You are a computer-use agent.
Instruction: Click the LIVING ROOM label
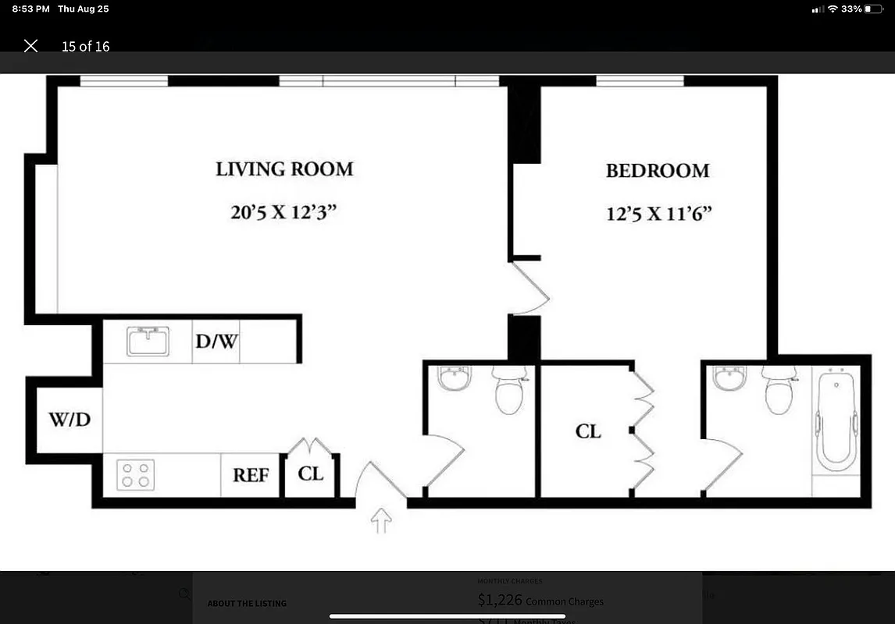click(x=284, y=169)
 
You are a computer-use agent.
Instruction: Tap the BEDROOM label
click(x=658, y=171)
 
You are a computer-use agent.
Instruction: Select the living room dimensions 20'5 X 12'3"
click(x=284, y=212)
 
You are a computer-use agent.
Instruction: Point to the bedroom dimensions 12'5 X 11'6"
click(x=659, y=214)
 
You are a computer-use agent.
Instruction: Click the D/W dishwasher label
click(x=216, y=341)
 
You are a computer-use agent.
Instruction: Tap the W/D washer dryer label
click(x=70, y=420)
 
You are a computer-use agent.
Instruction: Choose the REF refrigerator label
click(x=251, y=475)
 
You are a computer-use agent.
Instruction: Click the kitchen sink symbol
click(x=148, y=341)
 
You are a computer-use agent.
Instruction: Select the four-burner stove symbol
click(x=135, y=474)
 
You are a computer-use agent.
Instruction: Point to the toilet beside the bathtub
click(x=779, y=390)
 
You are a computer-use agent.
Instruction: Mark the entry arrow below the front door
click(x=380, y=520)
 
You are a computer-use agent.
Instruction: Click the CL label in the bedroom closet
click(x=588, y=431)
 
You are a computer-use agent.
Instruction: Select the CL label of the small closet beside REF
click(x=310, y=474)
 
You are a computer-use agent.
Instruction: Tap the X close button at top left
click(x=30, y=46)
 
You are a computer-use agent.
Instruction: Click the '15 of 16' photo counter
click(x=85, y=46)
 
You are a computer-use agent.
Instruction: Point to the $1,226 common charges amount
click(x=499, y=600)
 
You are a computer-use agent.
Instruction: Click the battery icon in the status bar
click(x=872, y=9)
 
